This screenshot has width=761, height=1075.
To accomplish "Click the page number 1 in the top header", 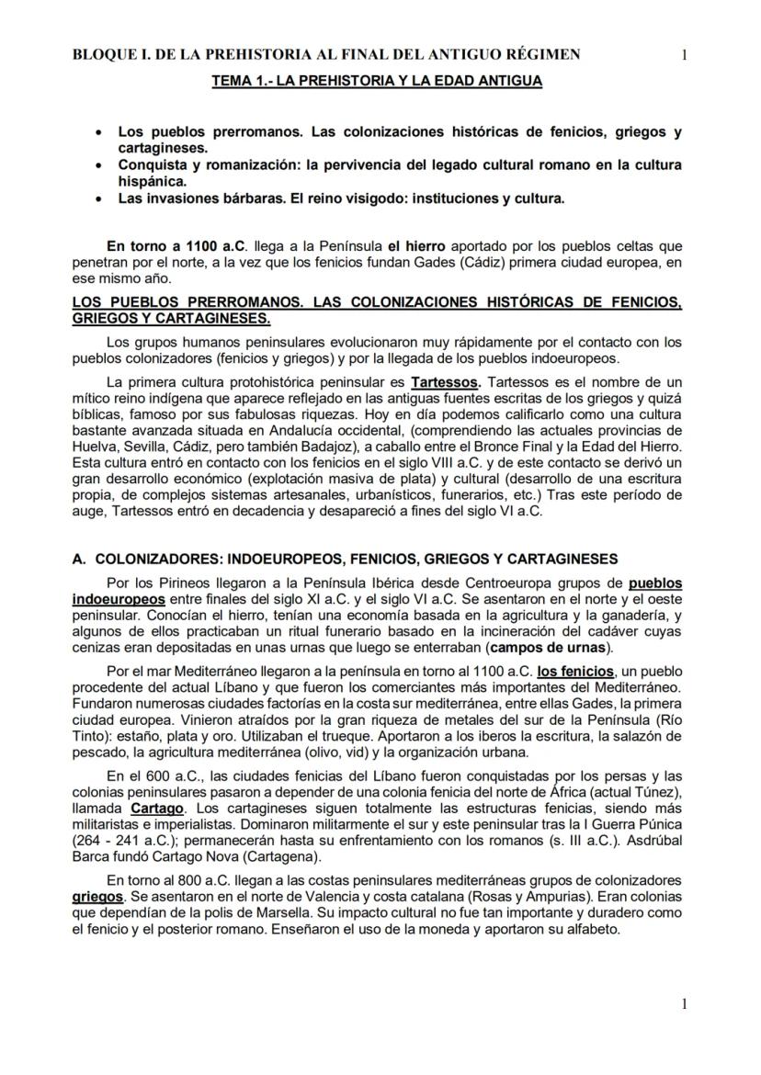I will click(x=684, y=55).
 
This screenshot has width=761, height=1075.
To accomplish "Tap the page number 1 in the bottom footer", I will click(x=684, y=1004).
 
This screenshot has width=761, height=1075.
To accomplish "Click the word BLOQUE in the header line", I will click(x=105, y=55).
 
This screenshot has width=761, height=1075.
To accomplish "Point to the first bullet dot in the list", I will click(x=99, y=133).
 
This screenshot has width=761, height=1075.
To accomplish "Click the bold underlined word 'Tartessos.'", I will click(x=445, y=381).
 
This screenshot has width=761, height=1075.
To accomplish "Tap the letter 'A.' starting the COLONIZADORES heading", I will click(x=79, y=559).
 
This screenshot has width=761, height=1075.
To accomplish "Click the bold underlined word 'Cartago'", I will click(x=158, y=809).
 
